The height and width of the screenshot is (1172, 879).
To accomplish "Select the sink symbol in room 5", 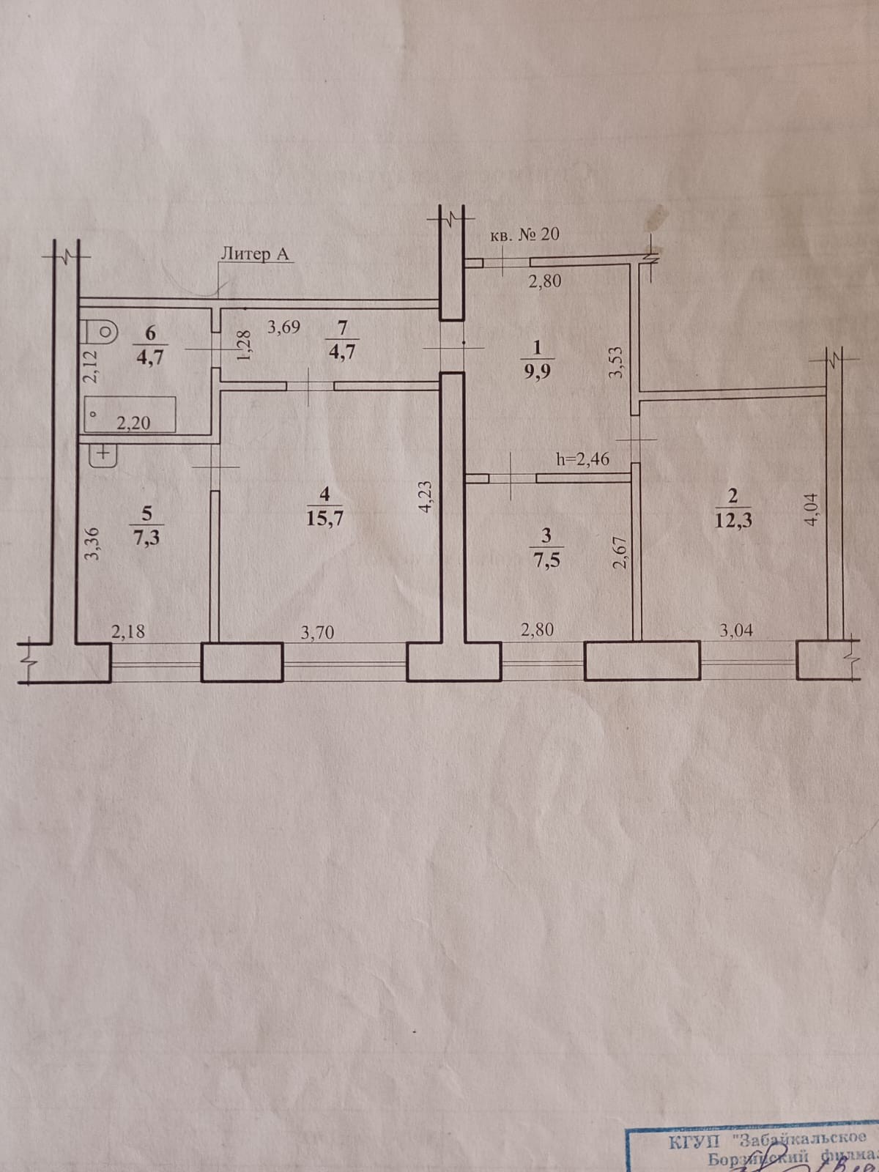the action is click(x=102, y=454).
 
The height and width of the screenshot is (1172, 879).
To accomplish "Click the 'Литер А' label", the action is click(x=255, y=254).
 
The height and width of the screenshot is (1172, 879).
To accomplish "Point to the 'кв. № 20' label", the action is click(x=524, y=234).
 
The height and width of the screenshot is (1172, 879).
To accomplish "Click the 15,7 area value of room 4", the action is click(x=325, y=519).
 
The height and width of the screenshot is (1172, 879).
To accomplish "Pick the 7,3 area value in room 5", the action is click(x=148, y=537).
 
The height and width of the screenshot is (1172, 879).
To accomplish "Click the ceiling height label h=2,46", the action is click(x=582, y=459).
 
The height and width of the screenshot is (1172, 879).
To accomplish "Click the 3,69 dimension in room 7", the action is click(x=283, y=327).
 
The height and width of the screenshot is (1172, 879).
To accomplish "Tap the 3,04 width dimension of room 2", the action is click(x=735, y=630).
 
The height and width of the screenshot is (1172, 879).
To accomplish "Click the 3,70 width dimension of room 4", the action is click(x=317, y=631).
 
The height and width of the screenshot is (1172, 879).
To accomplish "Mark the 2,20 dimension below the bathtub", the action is click(x=133, y=423).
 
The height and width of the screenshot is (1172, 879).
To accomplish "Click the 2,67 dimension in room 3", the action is click(x=620, y=552).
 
